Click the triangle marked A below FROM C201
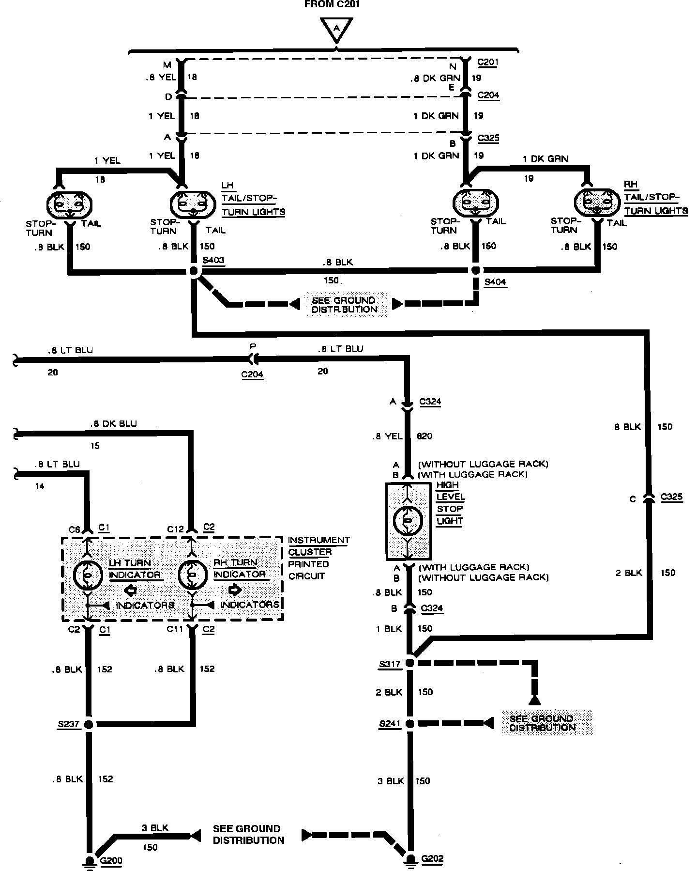click(x=336, y=30)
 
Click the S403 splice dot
click(x=194, y=271)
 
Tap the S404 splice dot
click(x=476, y=270)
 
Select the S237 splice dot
click(x=89, y=724)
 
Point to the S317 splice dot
click(x=409, y=663)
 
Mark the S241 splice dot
click(x=409, y=724)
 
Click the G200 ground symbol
click(x=89, y=860)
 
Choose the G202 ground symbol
click(x=410, y=859)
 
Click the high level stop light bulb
click(x=408, y=520)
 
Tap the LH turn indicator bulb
click(x=87, y=575)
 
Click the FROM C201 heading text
click(x=332, y=5)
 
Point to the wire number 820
click(x=424, y=436)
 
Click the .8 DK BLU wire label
click(x=113, y=423)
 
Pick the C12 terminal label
click(x=175, y=529)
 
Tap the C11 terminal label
click(x=174, y=629)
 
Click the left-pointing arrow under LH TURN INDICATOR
click(x=130, y=590)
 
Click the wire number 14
click(x=40, y=486)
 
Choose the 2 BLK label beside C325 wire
click(x=628, y=573)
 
